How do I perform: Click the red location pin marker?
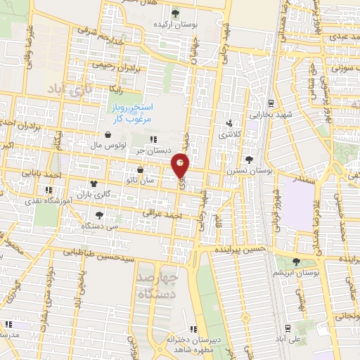(181, 165)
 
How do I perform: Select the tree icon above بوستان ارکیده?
(175, 13)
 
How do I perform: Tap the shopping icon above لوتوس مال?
(107, 134)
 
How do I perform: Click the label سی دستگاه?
(99, 227)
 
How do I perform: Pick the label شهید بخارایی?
(271, 113)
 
